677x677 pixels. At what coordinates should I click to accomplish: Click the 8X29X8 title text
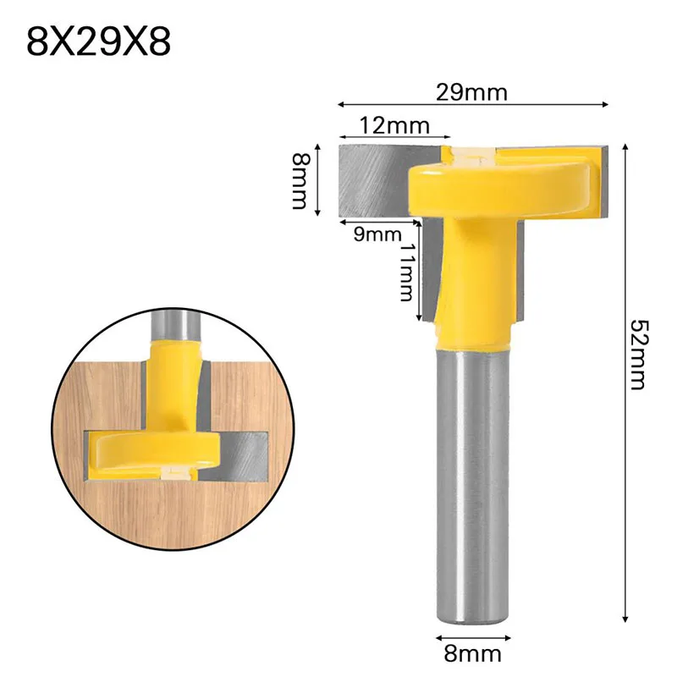point(98,41)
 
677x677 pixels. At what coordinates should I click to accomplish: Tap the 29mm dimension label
point(471,92)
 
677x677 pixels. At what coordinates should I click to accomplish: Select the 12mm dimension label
point(394,125)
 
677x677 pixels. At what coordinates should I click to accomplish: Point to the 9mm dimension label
point(377,234)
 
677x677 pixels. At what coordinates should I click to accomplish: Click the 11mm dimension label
point(406,272)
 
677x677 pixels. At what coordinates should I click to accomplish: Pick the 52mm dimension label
point(639,355)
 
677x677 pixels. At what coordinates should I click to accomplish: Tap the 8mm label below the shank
point(473,654)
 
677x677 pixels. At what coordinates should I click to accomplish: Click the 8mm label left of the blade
point(300,180)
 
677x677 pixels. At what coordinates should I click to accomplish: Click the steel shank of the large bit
point(473,484)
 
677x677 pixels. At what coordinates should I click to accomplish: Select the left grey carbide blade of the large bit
point(375,181)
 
